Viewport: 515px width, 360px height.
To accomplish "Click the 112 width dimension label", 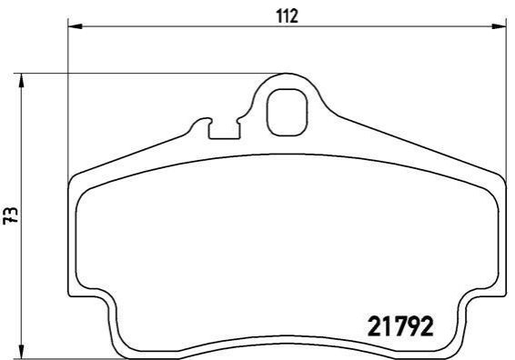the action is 287,16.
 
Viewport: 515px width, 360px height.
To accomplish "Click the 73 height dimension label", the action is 11,215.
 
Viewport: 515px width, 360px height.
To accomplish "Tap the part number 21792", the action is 400,326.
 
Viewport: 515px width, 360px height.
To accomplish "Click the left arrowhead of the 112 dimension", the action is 75,26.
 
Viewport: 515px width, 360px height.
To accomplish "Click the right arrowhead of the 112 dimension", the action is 499,26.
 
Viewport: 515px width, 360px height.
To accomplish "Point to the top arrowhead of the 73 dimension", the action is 21,80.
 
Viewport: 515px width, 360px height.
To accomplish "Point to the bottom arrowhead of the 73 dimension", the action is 21,352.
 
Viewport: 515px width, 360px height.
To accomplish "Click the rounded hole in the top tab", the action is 287,112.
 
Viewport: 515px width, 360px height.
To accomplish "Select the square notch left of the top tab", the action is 225,130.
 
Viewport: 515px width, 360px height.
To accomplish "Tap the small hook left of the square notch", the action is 200,122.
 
